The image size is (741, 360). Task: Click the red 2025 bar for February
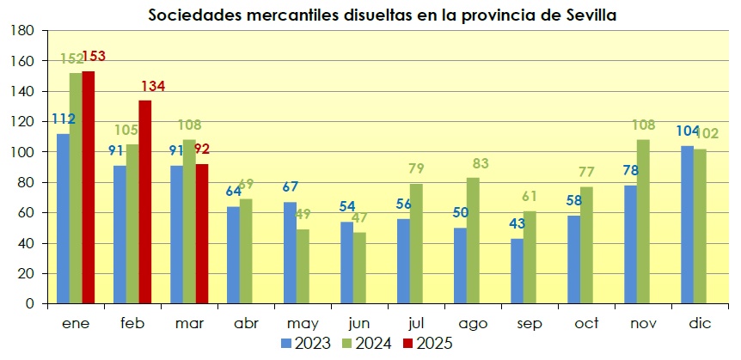tap(144, 202)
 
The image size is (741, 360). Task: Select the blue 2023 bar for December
tap(687, 224)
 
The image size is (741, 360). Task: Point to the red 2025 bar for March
tap(201, 234)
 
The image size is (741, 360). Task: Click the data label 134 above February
tap(152, 86)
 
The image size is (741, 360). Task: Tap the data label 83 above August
tap(481, 163)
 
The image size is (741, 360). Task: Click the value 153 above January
tap(94, 57)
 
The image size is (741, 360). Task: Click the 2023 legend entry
tap(309, 343)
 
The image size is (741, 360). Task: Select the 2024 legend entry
tap(368, 343)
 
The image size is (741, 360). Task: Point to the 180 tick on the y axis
tap(22, 31)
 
